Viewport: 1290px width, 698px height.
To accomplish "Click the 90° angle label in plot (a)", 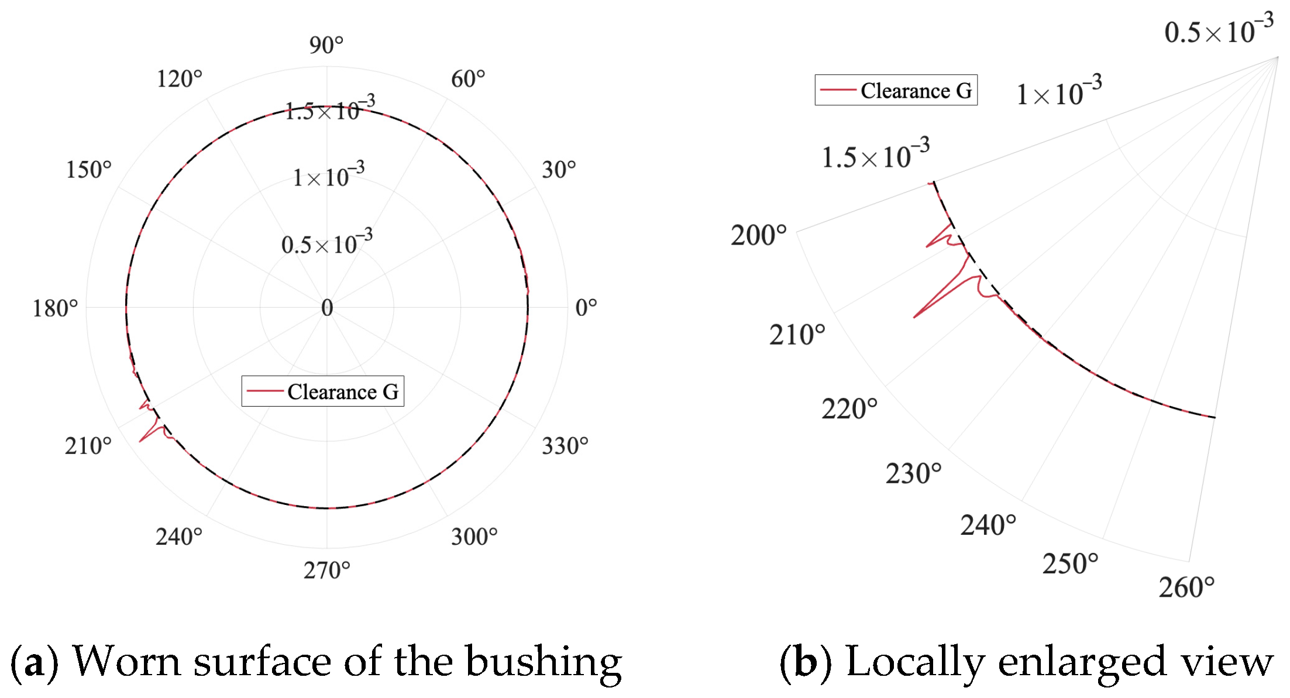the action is coord(326,45).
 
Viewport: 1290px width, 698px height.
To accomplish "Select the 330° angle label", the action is coord(565,446).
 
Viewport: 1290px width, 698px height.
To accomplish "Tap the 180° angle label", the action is coord(54,308).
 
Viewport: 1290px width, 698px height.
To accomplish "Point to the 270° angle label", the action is coord(326,570).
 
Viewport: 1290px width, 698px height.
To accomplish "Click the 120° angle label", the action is coord(179,79).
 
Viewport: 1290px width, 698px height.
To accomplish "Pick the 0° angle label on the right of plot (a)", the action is coord(586,308).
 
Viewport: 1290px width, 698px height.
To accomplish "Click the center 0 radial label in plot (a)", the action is coord(327,308).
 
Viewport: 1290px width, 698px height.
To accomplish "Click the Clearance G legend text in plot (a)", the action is coord(343,392).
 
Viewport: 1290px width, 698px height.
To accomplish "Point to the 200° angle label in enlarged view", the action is coord(759,235).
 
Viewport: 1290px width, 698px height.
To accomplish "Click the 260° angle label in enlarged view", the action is coord(1187,587).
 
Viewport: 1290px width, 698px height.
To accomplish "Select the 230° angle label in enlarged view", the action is coord(914,473).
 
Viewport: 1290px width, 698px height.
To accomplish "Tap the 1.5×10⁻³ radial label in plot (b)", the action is coord(876,154).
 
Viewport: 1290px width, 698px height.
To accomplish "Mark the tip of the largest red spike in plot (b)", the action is coord(914,318).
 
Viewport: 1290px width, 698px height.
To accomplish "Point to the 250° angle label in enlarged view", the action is coord(1071,564).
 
